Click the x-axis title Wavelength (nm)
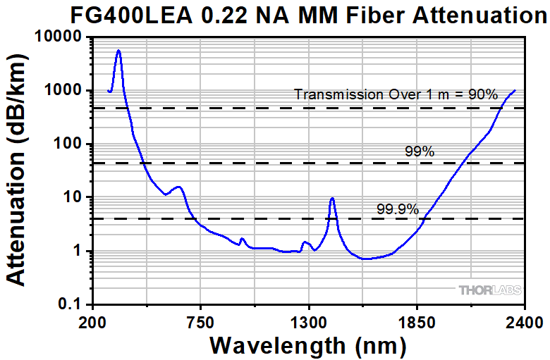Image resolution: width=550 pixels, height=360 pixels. click(308, 347)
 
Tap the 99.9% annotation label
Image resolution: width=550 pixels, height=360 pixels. click(398, 209)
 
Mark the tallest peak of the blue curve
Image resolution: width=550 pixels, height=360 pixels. click(118, 51)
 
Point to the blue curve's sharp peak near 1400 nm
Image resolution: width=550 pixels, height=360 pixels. click(332, 199)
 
